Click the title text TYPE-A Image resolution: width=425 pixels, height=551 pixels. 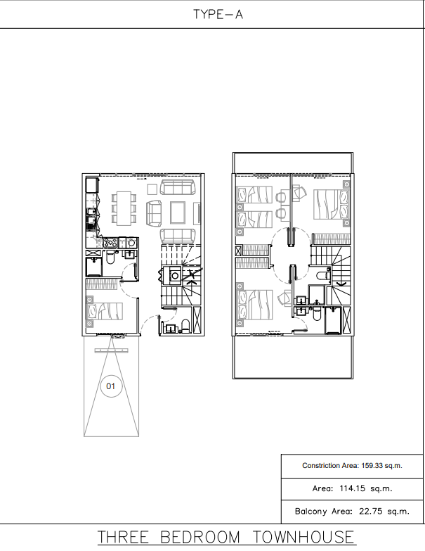218,14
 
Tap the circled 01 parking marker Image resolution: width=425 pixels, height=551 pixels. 111,386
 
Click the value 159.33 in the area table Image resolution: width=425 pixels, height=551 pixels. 372,466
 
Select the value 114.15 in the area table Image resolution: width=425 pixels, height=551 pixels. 352,488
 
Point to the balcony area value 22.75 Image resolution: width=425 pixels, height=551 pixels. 371,512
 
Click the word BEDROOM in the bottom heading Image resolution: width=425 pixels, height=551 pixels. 200,538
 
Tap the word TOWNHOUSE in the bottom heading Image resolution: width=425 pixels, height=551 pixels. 303,538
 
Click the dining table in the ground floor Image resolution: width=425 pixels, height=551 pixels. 124,208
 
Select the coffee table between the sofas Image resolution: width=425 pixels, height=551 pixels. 178,213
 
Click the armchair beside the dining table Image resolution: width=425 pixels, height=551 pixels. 154,213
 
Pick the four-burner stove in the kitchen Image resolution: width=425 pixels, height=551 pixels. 110,243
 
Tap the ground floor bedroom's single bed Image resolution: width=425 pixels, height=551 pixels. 105,311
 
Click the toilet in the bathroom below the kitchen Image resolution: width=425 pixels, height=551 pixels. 110,258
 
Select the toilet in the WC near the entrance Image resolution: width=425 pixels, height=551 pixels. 185,326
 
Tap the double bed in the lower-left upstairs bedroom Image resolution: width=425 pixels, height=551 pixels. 255,305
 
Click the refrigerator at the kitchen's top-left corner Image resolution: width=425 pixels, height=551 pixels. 92,185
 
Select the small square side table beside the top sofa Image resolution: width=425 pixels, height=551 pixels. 152,189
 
